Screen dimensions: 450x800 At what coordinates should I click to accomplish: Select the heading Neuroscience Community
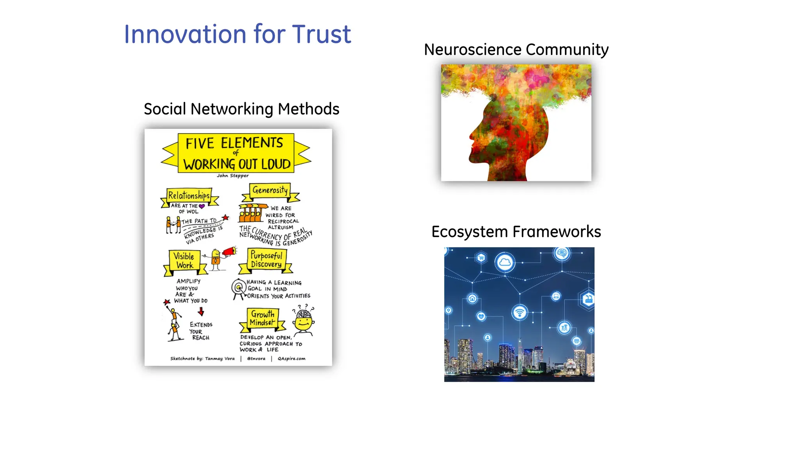tap(516, 50)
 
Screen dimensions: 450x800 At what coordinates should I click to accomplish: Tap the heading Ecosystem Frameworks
tap(516, 232)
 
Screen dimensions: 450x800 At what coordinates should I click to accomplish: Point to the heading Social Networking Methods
tap(241, 109)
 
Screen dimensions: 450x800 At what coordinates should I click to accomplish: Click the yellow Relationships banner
tap(189, 195)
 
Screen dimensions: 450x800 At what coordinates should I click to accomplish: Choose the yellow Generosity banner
tap(270, 190)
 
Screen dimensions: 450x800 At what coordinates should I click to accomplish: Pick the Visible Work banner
tap(184, 261)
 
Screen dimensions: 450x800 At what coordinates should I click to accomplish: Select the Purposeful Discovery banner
tap(266, 260)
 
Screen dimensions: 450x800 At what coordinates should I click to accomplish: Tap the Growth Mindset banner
tap(262, 318)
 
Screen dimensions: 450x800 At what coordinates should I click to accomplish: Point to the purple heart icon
tap(202, 206)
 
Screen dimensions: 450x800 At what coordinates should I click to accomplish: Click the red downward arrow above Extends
tap(201, 311)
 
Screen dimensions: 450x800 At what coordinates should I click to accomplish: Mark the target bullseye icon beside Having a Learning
tap(238, 288)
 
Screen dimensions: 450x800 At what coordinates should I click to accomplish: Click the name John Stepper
tap(232, 176)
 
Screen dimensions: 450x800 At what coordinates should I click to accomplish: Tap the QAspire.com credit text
tap(291, 359)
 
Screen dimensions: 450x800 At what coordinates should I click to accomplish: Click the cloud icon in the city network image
tap(505, 262)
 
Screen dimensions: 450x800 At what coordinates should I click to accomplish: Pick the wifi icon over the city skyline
tap(520, 312)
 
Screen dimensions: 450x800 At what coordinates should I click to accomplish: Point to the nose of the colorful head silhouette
tap(471, 136)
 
